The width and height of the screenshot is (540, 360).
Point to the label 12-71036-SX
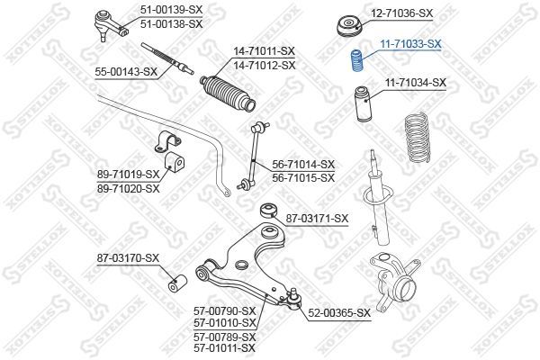(402, 14)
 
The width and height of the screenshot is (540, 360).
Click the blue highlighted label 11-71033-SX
(409, 42)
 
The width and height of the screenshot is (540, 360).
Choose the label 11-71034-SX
(416, 83)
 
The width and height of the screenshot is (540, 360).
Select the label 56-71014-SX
(303, 164)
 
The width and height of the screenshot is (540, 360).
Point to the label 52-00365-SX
(340, 312)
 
